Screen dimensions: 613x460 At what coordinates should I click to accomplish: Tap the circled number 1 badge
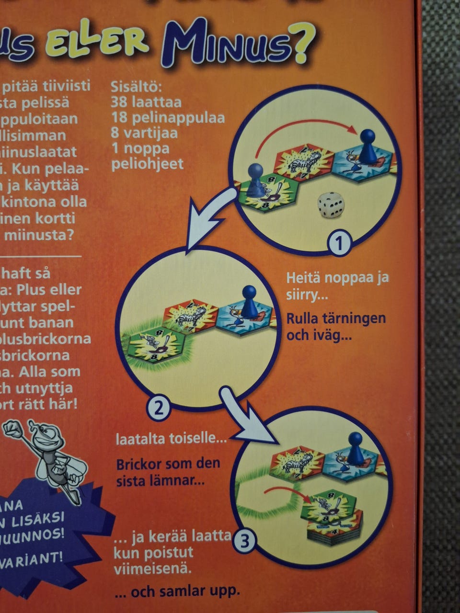[339, 244]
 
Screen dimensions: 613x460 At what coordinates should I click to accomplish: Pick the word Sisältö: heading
[137, 87]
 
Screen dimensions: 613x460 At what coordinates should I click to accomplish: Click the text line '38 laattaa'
[146, 102]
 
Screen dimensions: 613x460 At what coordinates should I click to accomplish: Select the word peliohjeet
[147, 164]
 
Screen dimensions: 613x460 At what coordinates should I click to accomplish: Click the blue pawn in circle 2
[249, 301]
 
